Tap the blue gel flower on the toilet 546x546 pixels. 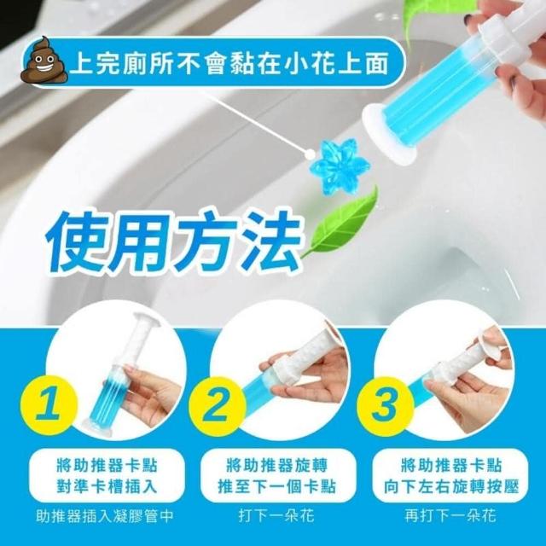[x=340, y=167]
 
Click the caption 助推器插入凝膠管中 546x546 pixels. [x=104, y=516]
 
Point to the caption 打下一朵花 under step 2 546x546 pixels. [x=276, y=515]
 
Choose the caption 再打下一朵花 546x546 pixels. [x=450, y=515]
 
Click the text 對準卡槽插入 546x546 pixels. [x=107, y=486]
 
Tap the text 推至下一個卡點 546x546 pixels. [x=276, y=486]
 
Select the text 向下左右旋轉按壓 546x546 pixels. [x=451, y=486]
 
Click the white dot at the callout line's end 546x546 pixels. [x=309, y=154]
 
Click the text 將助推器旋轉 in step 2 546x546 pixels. [x=276, y=466]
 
